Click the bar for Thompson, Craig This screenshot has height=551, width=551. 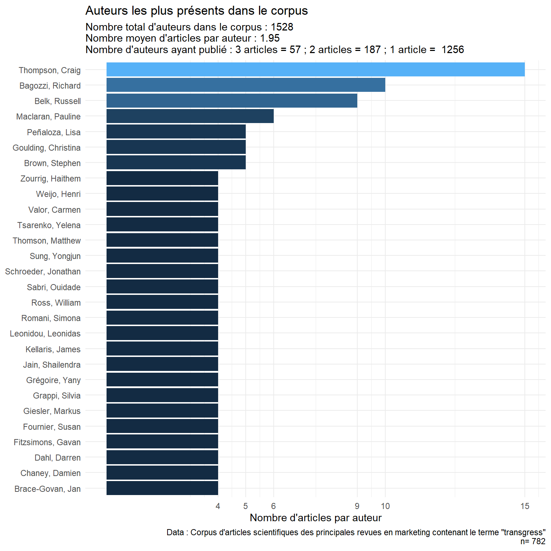click(x=315, y=70)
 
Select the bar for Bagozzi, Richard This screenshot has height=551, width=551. click(x=246, y=85)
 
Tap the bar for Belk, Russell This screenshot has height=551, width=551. click(x=232, y=101)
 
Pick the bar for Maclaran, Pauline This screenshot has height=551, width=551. click(x=190, y=116)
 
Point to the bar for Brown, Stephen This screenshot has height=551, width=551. click(x=176, y=163)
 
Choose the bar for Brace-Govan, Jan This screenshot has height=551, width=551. click(x=162, y=488)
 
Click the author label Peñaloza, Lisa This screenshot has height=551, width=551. click(x=54, y=132)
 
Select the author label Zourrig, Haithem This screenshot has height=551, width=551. click(x=51, y=179)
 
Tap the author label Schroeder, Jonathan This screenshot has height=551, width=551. click(x=43, y=272)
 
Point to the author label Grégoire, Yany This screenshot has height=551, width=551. click(x=53, y=380)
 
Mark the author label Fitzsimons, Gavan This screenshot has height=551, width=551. click(x=47, y=442)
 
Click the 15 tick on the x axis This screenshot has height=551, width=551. click(x=525, y=506)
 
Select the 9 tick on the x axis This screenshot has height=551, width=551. click(x=357, y=506)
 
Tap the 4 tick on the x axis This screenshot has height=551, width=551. click(x=218, y=506)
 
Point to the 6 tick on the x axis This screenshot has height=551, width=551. click(x=273, y=506)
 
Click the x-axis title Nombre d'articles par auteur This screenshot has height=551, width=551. click(x=316, y=518)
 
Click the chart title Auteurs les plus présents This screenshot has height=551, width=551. click(x=197, y=11)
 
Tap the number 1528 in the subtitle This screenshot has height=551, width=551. click(x=282, y=27)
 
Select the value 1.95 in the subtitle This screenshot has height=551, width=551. click(x=270, y=38)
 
